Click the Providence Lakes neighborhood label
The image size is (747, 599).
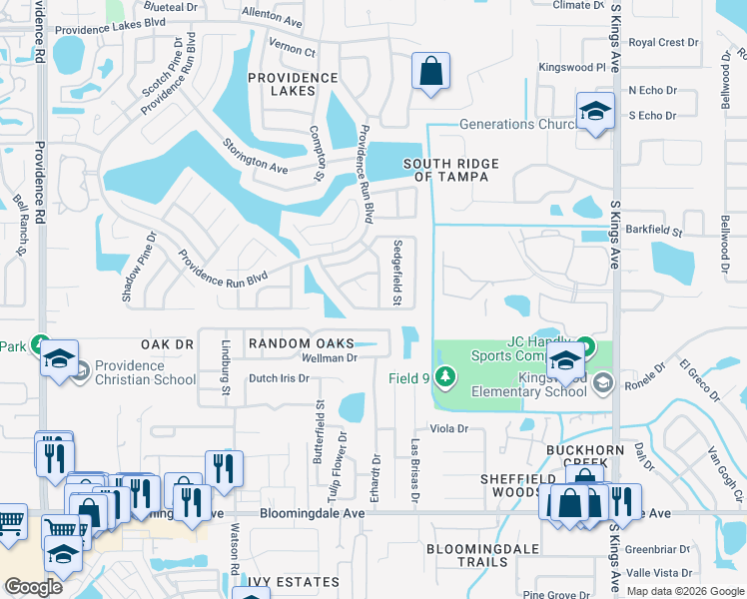295,84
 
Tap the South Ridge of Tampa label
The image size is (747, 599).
451,170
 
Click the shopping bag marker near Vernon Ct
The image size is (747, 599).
431,72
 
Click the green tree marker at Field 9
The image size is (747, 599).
445,377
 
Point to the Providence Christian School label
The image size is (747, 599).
146,372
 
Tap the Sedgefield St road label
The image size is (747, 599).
398,273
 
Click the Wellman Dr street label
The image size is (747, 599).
330,357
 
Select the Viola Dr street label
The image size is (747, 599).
448,428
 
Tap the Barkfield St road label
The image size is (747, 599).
653,231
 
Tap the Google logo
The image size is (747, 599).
33,587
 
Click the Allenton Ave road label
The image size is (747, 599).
271,20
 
